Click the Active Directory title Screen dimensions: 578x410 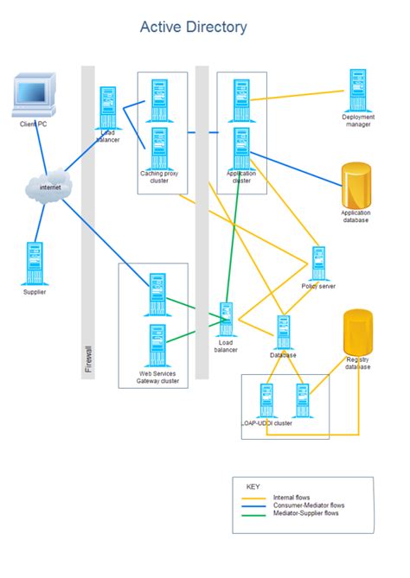(x=194, y=28)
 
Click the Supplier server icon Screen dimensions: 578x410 (x=35, y=264)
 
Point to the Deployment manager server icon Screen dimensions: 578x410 (x=356, y=90)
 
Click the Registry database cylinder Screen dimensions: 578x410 (x=358, y=333)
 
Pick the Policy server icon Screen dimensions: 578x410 (x=318, y=264)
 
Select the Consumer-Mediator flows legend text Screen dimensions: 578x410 (x=309, y=505)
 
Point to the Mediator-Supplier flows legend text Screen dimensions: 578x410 (x=305, y=513)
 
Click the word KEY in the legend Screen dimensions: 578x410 (x=253, y=486)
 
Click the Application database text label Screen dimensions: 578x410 (x=356, y=216)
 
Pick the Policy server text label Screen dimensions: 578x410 (x=318, y=286)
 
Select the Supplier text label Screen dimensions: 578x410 (x=35, y=292)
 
